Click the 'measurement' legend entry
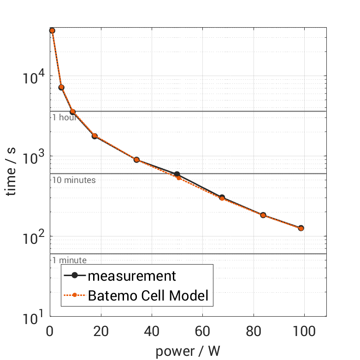[132, 276]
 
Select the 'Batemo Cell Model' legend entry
[148, 295]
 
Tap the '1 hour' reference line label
[64, 117]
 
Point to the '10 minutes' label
[74, 180]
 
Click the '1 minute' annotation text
[69, 260]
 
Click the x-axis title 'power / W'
[188, 351]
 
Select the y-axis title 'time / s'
[12, 170]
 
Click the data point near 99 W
[301, 228]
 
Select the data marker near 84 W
[263, 215]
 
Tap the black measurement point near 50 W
[177, 174]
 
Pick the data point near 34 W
[136, 160]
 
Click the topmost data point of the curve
[52, 30]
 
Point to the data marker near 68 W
[222, 197]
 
